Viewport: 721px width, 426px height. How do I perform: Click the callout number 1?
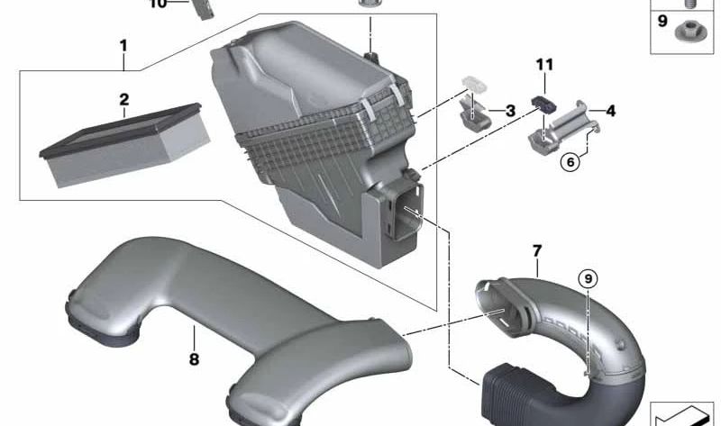(123, 45)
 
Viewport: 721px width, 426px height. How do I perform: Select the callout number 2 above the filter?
(124, 99)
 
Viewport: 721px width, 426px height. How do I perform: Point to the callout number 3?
(510, 111)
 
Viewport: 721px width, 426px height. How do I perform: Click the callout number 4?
(610, 111)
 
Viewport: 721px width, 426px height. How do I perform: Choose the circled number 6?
(569, 163)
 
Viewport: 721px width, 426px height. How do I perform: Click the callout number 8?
(194, 335)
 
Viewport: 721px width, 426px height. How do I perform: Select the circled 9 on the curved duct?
(588, 280)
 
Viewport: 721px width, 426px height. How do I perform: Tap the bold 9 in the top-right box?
(662, 20)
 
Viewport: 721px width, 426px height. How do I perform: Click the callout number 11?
(543, 65)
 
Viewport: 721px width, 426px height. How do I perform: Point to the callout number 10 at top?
(158, 4)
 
